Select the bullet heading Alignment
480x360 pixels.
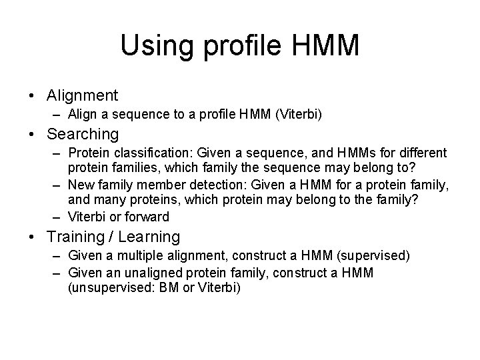[x=83, y=96]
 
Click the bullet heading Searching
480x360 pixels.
[x=83, y=134]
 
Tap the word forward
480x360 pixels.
[x=150, y=216]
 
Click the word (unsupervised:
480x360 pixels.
[x=105, y=287]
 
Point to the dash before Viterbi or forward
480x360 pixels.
[x=58, y=216]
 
